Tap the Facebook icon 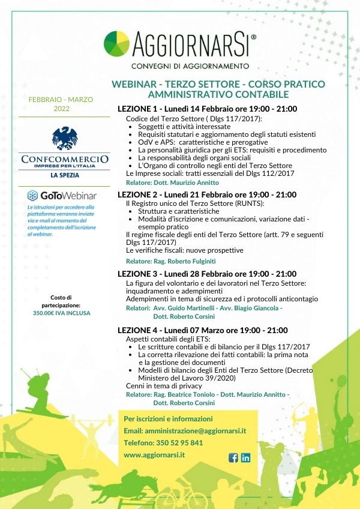coord(234,457)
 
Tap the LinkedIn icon coord(245,457)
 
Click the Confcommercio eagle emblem coord(65,138)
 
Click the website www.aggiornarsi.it coord(154,455)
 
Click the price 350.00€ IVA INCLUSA coord(62,313)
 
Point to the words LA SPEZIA coord(65,176)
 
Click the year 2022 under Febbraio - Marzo coord(61,109)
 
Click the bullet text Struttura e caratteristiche coord(178,211)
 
